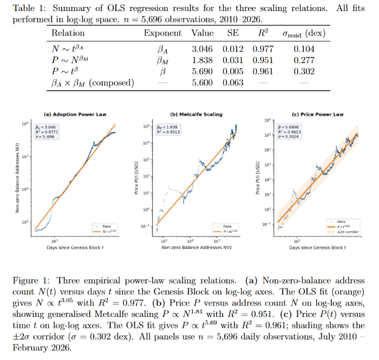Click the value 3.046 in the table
click(203, 49)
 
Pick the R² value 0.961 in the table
click(262, 72)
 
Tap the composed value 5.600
click(203, 83)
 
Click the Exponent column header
click(162, 33)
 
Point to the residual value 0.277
click(304, 61)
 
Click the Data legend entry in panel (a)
click(106, 226)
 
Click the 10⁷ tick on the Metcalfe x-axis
click(217, 241)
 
